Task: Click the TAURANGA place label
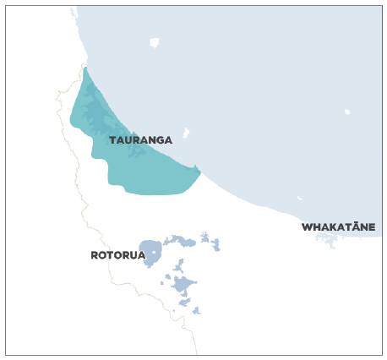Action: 140,140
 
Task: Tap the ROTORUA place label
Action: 118,255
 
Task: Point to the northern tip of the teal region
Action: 85,68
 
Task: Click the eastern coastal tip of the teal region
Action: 199,172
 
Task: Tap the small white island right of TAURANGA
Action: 186,133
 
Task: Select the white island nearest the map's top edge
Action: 154,42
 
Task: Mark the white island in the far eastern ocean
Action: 347,112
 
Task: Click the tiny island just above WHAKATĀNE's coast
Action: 300,199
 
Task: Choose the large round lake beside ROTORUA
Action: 151,253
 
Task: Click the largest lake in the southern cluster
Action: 183,285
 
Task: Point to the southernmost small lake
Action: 196,311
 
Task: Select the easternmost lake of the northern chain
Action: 215,246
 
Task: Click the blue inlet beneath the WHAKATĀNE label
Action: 327,238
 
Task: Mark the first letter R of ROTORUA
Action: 95,255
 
